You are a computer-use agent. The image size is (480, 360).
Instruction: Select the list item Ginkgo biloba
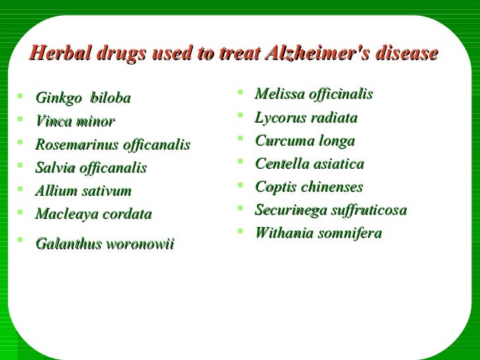pos(83,98)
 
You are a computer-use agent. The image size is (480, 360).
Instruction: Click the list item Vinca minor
pos(75,121)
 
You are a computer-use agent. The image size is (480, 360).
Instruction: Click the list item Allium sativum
pos(83,191)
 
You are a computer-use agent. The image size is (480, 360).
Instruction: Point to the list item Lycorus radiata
pos(306,118)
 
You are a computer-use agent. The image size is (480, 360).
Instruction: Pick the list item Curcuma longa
pos(305,141)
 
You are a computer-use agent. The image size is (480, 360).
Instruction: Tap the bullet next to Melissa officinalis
pos(243,93)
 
